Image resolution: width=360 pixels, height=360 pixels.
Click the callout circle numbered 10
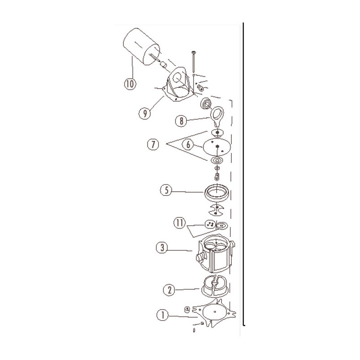[x=130, y=84]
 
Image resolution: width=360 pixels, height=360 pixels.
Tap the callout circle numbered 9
[x=145, y=113]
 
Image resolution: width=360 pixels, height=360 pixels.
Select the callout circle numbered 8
[x=181, y=121]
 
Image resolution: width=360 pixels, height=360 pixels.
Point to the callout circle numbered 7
[x=153, y=144]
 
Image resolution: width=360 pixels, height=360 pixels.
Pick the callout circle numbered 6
[x=188, y=144]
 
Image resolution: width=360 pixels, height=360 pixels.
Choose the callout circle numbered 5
[x=166, y=190]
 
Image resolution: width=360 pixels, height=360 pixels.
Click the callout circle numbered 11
[x=180, y=223]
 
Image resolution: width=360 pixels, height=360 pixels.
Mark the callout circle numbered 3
[x=162, y=248]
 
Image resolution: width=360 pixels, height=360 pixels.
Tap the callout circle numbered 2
[x=169, y=290]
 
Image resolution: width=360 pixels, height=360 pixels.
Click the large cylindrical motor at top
[x=142, y=47]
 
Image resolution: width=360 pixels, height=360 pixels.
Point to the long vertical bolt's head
[x=193, y=52]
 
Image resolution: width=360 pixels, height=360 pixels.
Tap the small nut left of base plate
[x=187, y=310]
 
